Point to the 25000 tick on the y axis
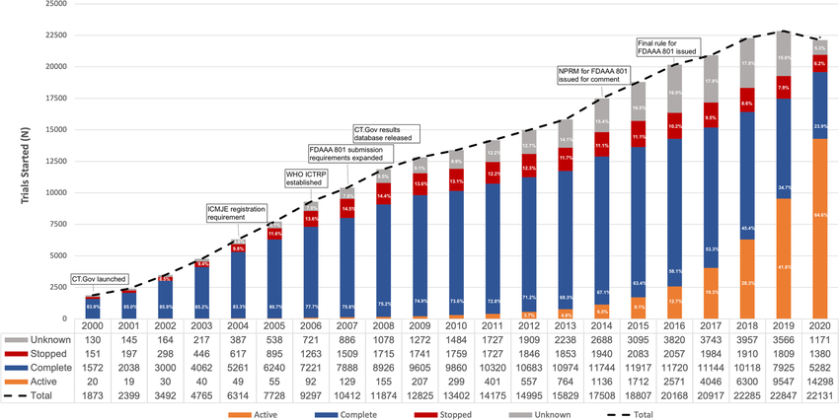(x=54, y=4)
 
